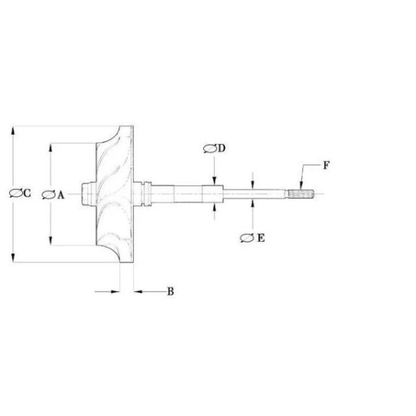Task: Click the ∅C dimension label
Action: click(20, 194)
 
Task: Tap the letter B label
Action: click(170, 292)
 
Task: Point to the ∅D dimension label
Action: click(216, 148)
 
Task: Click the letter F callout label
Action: click(326, 166)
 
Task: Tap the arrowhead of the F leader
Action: click(300, 184)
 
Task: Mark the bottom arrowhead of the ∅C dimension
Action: click(13, 259)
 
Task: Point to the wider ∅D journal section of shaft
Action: click(214, 195)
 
